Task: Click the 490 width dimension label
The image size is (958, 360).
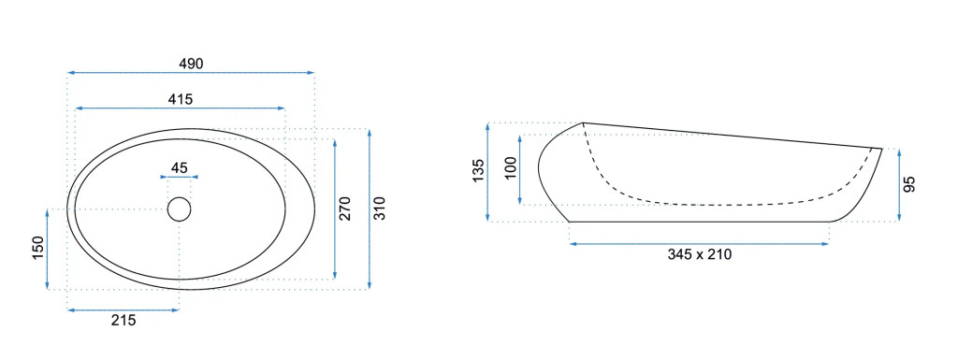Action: click(191, 64)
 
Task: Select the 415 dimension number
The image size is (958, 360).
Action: click(181, 99)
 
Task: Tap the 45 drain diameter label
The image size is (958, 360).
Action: click(179, 167)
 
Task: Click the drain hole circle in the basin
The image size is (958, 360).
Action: click(179, 209)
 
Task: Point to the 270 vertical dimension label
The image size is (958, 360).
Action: click(345, 209)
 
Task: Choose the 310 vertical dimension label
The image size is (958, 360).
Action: click(380, 209)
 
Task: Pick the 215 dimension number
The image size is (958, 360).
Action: click(124, 321)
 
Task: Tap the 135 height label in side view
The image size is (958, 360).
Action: click(478, 171)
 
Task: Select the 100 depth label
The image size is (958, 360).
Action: click(511, 167)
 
